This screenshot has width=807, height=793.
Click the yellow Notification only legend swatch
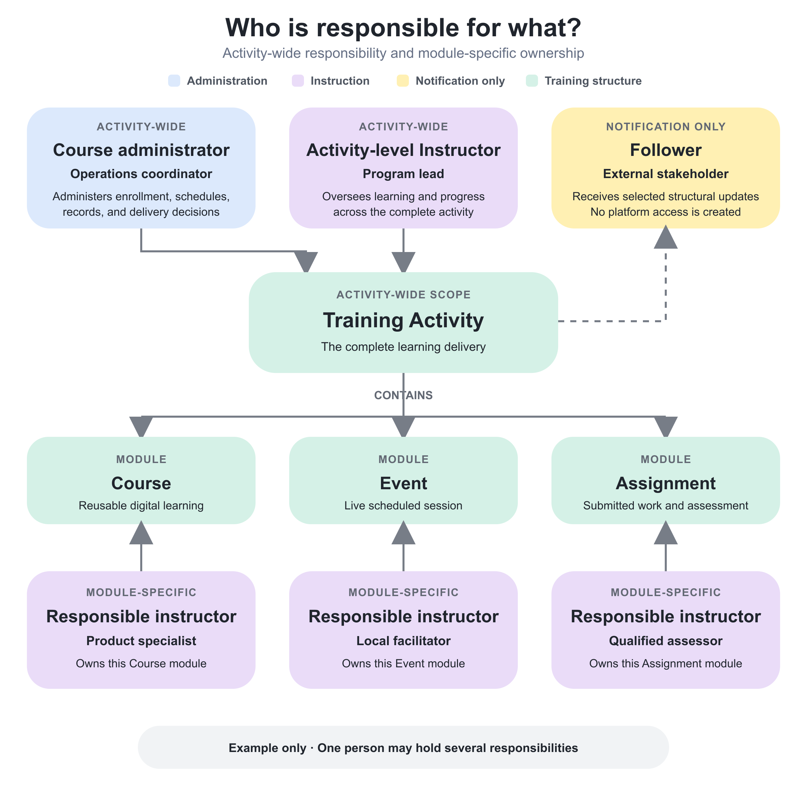click(x=403, y=81)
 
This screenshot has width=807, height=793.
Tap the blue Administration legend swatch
click(x=174, y=81)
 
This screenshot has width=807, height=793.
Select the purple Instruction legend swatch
click(x=298, y=81)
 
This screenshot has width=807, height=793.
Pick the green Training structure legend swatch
click(x=532, y=81)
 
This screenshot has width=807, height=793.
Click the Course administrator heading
click(x=141, y=150)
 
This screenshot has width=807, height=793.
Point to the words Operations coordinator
click(x=141, y=174)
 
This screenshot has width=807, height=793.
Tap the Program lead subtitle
click(x=403, y=174)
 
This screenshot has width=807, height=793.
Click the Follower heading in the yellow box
click(x=666, y=150)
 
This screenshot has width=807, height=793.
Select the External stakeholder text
click(x=666, y=174)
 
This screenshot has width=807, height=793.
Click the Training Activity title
click(x=403, y=320)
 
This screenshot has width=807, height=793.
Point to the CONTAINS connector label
click(x=403, y=395)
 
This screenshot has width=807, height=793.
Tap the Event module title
click(x=403, y=483)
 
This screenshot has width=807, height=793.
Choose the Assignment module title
click(x=666, y=483)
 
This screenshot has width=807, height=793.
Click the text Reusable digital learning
click(x=141, y=506)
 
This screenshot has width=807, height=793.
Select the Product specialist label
click(x=141, y=640)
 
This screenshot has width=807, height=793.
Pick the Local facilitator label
click(x=403, y=640)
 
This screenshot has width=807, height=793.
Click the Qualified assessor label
click(x=666, y=640)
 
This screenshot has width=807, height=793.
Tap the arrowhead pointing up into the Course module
click(x=141, y=533)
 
